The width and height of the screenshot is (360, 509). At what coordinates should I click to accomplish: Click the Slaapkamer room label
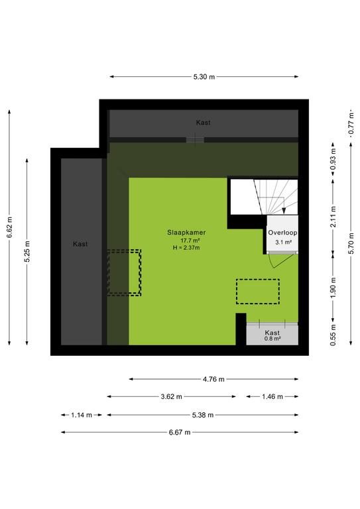(x=186, y=233)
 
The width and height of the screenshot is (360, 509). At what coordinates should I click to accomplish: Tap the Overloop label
(x=282, y=233)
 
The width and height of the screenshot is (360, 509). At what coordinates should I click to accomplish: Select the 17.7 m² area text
(x=190, y=241)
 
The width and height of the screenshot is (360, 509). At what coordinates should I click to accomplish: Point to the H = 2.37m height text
(x=187, y=248)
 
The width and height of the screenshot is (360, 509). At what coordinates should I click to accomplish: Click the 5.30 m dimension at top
(x=204, y=77)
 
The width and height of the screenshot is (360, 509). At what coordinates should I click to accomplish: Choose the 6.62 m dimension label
(x=10, y=227)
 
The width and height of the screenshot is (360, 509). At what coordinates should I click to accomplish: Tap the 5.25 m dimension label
(x=27, y=252)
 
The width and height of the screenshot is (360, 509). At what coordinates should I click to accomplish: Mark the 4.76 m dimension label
(x=213, y=379)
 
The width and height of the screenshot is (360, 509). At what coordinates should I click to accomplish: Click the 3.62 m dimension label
(x=172, y=397)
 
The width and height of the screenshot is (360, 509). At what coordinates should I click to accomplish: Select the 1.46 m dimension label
(x=272, y=397)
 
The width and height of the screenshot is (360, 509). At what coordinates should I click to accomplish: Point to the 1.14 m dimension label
(x=82, y=415)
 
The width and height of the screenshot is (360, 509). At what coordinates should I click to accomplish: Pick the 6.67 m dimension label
(x=180, y=432)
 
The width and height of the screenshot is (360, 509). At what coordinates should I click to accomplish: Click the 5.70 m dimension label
(x=351, y=244)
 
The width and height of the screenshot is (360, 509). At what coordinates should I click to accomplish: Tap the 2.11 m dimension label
(x=333, y=217)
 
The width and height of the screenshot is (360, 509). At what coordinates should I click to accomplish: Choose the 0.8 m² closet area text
(x=272, y=339)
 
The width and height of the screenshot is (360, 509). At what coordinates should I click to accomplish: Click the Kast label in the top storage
(x=204, y=123)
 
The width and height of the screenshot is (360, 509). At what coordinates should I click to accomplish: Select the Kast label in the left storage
(x=80, y=244)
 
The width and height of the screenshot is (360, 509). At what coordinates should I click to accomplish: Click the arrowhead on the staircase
(x=284, y=211)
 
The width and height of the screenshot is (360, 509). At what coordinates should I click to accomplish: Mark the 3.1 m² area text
(x=283, y=242)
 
